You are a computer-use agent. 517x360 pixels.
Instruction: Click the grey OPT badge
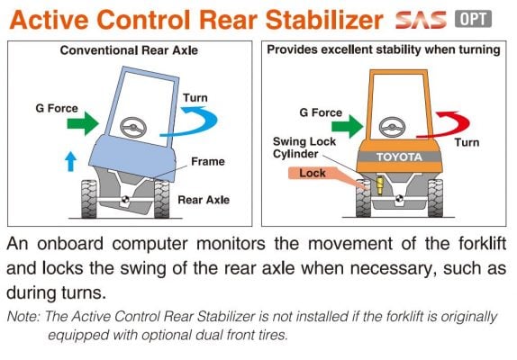click(x=473, y=19)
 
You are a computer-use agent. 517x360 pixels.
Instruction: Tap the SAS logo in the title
click(x=421, y=20)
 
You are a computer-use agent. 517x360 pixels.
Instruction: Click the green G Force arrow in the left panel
click(x=83, y=123)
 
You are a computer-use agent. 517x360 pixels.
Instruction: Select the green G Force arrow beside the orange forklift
click(x=347, y=127)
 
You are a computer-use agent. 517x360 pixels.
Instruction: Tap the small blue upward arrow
click(x=70, y=161)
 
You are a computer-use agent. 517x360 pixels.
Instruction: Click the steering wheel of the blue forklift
click(x=133, y=127)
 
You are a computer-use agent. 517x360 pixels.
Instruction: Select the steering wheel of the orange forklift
click(x=392, y=127)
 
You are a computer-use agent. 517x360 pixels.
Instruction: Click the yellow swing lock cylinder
click(x=380, y=185)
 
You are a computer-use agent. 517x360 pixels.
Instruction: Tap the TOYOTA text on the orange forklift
click(x=399, y=157)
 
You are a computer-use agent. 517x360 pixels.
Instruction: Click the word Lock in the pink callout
click(x=313, y=173)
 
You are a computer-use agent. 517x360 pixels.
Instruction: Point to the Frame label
click(x=208, y=161)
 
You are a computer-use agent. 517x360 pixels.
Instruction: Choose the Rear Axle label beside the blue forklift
click(x=204, y=200)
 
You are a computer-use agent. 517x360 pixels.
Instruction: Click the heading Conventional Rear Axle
click(x=129, y=50)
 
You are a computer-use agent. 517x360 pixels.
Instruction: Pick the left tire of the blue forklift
click(x=88, y=199)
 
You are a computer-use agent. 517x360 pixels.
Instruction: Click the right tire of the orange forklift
click(x=435, y=198)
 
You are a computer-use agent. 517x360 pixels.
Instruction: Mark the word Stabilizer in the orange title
click(x=324, y=20)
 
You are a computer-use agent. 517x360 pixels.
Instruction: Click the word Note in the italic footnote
click(x=23, y=316)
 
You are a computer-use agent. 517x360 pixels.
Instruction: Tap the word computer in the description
click(x=150, y=245)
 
